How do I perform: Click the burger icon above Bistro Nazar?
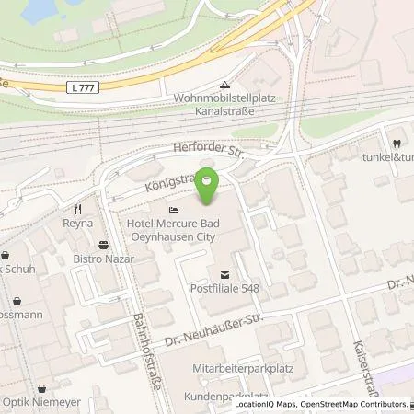103,245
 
